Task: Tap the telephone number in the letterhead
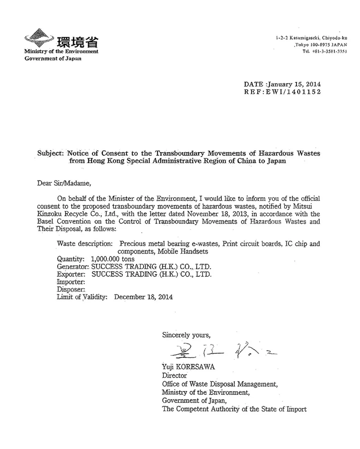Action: (x=327, y=51)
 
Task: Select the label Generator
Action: (x=73, y=267)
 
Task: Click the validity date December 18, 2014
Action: (x=144, y=297)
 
